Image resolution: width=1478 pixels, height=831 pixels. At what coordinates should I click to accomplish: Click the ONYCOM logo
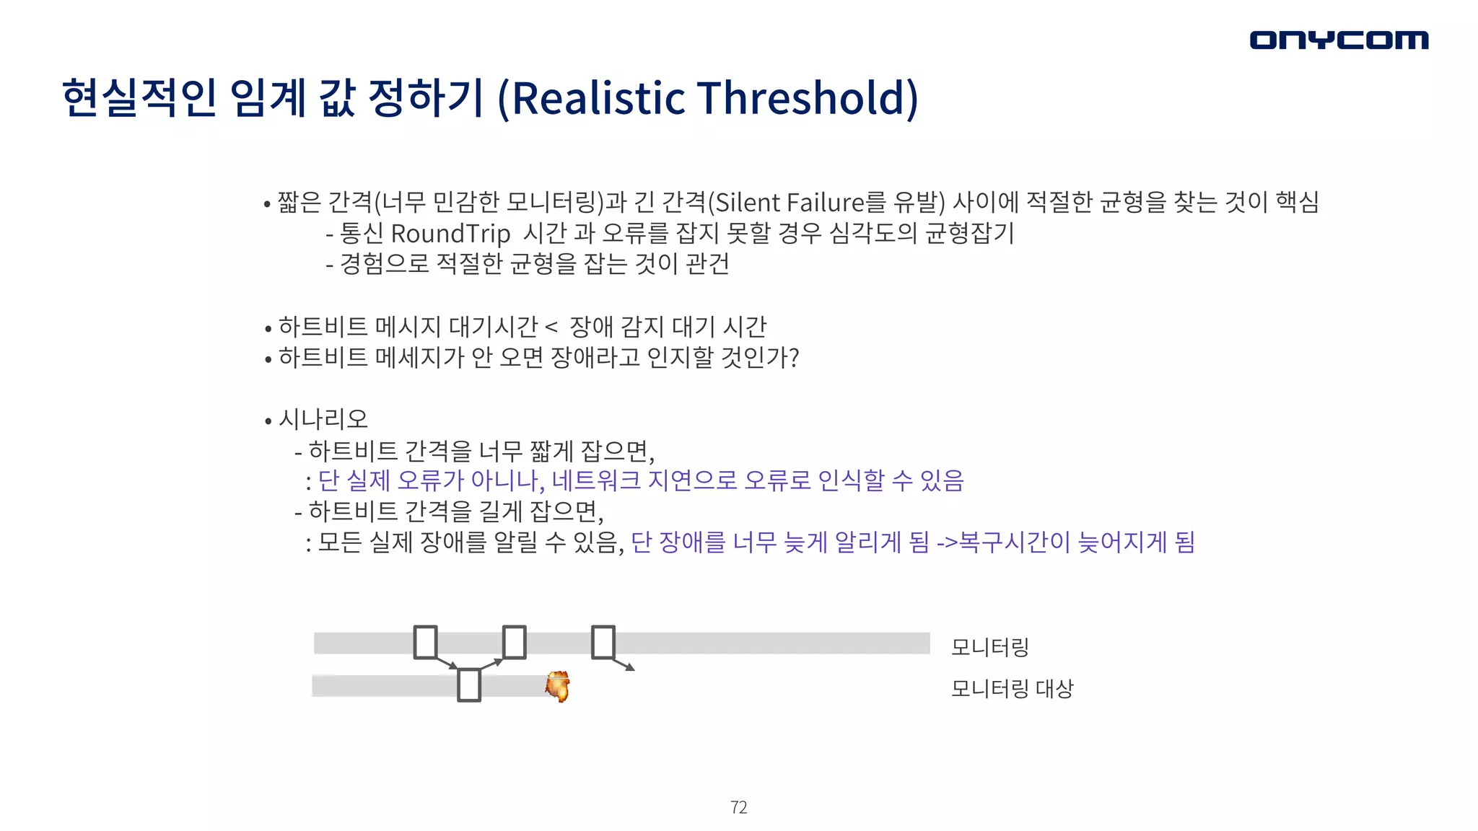point(1339,40)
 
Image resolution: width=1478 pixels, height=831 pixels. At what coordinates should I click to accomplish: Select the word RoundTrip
point(450,234)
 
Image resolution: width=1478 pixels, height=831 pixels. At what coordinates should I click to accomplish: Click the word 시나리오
point(323,419)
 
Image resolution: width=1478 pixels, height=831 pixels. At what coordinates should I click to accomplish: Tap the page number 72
point(738,807)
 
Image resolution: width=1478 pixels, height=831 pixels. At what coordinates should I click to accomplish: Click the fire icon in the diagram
point(558,685)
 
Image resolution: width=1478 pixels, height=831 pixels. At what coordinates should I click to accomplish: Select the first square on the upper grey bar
point(425,642)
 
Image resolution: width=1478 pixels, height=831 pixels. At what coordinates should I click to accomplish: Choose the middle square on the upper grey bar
point(514,642)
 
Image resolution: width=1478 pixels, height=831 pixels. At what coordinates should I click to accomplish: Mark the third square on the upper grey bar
point(603,642)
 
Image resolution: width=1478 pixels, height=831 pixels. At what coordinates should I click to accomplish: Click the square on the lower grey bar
point(469,685)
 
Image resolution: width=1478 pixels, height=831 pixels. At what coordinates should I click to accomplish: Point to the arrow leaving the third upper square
point(624,664)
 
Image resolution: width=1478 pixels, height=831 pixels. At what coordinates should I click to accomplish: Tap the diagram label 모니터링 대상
point(1012,688)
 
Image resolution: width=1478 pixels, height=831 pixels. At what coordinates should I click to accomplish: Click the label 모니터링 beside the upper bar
point(989,647)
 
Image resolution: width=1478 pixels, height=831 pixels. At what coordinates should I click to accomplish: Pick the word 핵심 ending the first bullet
point(1297,202)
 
